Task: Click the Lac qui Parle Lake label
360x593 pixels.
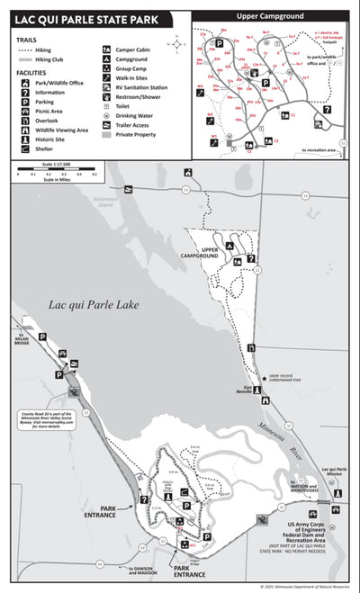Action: (x=94, y=304)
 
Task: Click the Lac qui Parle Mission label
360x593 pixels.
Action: (x=335, y=472)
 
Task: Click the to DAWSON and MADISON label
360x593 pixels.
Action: (x=142, y=570)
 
